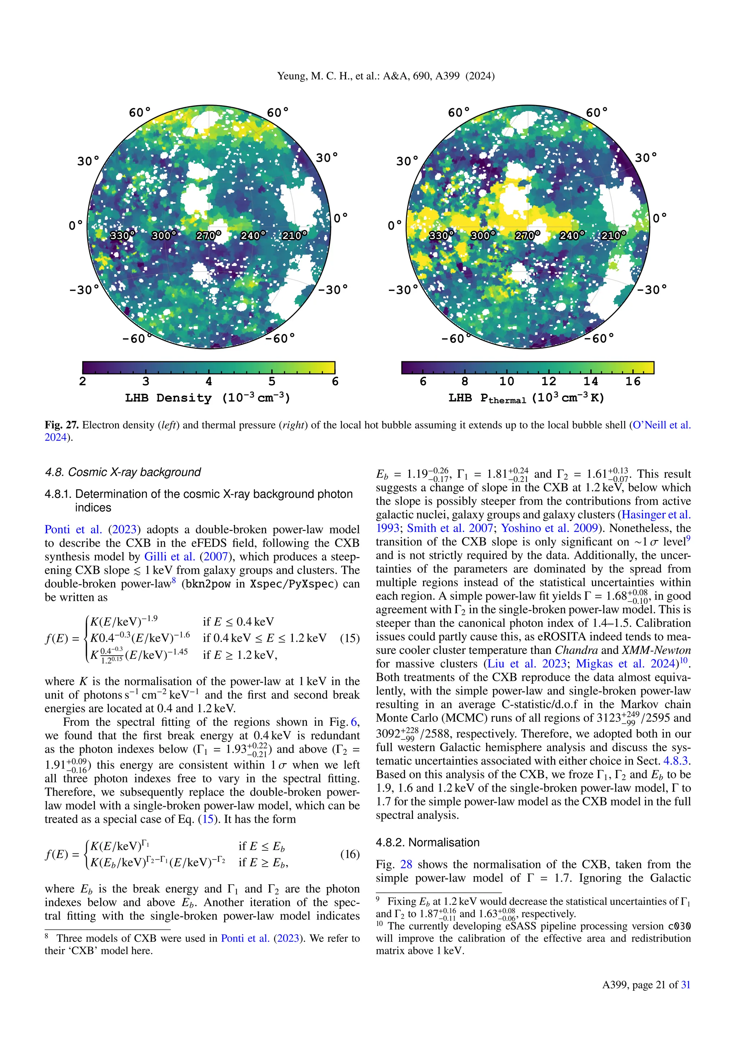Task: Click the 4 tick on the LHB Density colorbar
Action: [x=208, y=381]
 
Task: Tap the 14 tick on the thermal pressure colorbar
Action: [x=590, y=381]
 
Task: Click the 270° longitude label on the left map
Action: [x=208, y=235]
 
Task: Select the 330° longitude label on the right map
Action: [x=441, y=235]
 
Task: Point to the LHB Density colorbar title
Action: [x=208, y=398]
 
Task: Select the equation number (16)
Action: [x=349, y=854]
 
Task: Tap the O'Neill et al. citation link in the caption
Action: [x=661, y=425]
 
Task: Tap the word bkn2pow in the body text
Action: [x=208, y=584]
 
